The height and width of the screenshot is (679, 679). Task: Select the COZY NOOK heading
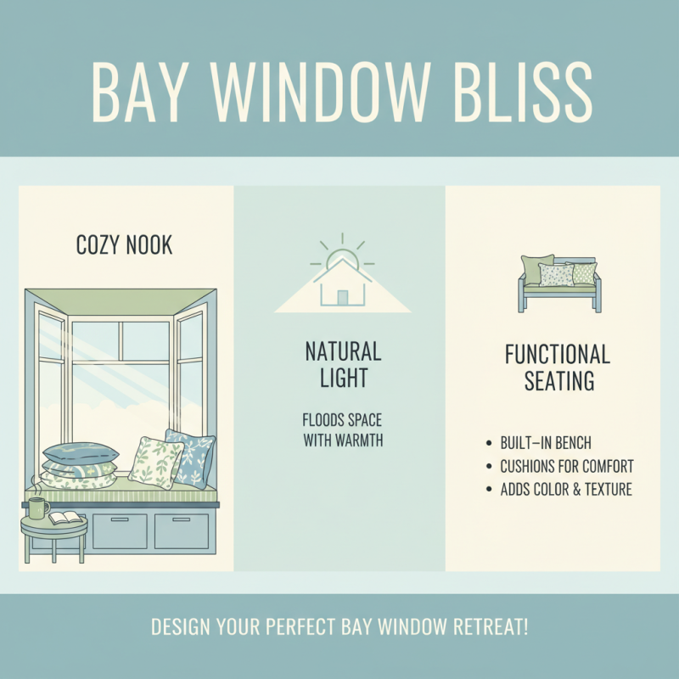tap(124, 246)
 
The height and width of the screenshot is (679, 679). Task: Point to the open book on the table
tap(65, 517)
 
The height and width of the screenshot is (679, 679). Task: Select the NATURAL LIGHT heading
tap(342, 364)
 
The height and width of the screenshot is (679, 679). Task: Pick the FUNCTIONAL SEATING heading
tap(557, 368)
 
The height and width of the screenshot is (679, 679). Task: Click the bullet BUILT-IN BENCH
tap(546, 444)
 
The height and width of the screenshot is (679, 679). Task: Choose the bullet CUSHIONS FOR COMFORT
tap(566, 467)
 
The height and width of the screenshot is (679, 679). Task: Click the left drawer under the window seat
tap(119, 530)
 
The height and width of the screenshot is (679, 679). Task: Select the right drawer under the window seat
tap(181, 530)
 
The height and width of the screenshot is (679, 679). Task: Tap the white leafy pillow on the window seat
tap(154, 462)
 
